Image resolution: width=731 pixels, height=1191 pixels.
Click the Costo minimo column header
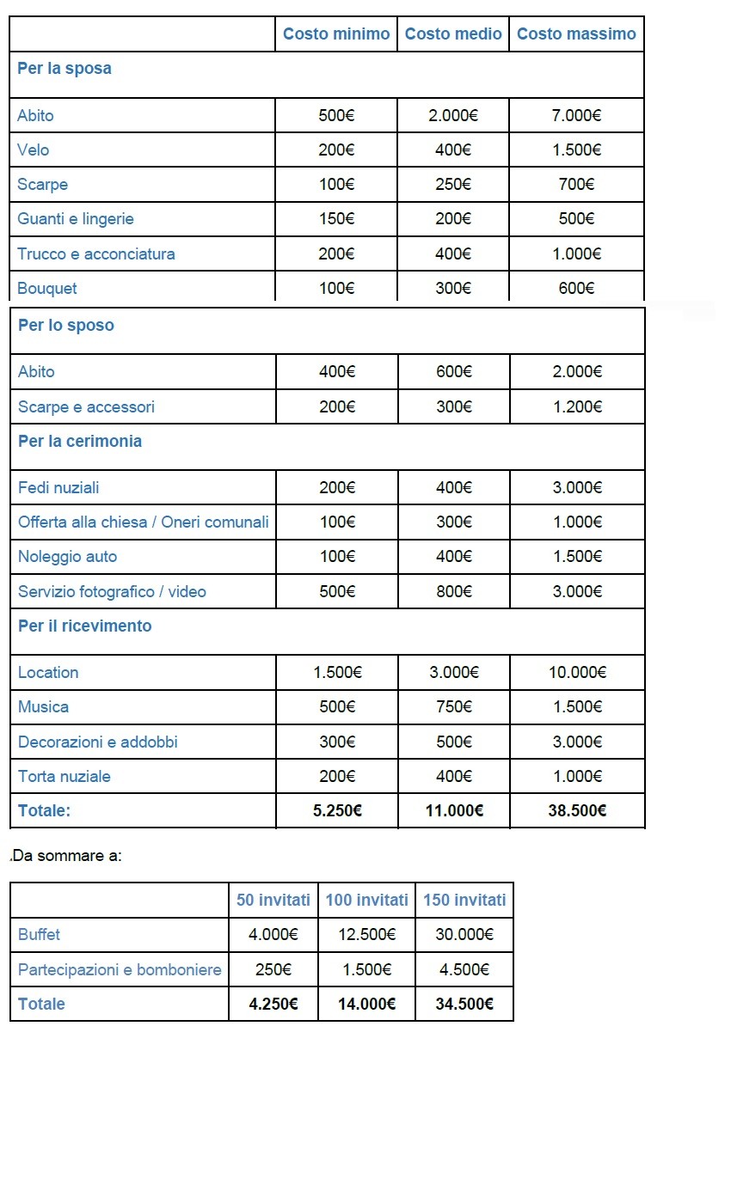336,34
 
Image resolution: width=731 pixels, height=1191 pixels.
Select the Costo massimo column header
576,34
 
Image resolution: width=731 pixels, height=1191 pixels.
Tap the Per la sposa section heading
64,69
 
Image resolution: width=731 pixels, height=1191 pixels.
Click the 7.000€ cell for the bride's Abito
576,115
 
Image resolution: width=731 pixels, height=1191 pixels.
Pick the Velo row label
34,150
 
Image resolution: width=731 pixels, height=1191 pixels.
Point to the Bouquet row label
47,288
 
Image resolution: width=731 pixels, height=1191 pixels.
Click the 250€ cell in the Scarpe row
453,184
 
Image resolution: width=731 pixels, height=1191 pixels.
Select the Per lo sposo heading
66,326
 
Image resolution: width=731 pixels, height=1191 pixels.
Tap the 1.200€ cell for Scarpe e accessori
576,406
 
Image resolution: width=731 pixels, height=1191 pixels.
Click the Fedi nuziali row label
58,487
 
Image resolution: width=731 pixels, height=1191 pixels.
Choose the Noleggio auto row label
67,556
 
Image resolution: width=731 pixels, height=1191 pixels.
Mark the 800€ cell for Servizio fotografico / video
454,591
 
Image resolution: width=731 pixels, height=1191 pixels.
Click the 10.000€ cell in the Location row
577,672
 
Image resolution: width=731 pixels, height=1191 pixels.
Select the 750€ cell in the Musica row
454,706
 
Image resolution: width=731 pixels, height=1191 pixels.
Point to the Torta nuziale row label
64,776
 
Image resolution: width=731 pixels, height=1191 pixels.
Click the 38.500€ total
577,810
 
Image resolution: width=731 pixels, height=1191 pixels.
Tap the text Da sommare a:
67,855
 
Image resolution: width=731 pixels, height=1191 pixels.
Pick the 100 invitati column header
367,900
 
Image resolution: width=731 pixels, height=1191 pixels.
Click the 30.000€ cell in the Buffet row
464,934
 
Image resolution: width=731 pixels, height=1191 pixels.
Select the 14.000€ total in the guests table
367,1004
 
